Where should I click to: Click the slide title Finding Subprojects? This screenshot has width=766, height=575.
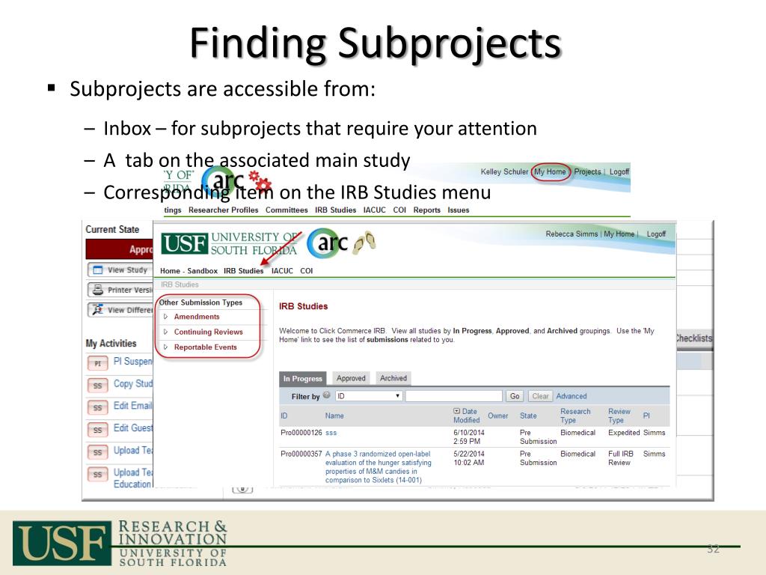375,43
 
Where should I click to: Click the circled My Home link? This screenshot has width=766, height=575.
550,171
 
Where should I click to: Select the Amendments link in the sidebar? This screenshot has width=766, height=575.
196,317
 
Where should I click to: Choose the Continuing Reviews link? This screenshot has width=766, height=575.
208,332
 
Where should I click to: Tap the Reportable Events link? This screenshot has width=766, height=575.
205,347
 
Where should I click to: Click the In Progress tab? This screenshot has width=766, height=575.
303,379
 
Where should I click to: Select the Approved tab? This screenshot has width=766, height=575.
351,379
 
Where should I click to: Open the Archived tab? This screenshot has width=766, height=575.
393,379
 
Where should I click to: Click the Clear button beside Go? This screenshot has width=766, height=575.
540,396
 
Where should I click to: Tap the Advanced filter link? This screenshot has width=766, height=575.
572,396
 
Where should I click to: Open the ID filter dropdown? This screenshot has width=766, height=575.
369,396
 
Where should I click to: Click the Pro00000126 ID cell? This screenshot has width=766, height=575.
301,433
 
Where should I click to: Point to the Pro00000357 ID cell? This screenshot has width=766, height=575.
301,454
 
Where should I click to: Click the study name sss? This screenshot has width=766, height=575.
331,433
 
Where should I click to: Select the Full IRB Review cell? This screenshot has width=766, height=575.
621,458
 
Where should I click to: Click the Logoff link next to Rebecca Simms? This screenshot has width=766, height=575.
656,234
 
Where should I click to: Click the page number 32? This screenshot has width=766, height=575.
713,550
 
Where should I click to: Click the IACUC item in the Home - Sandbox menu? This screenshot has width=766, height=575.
281,271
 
